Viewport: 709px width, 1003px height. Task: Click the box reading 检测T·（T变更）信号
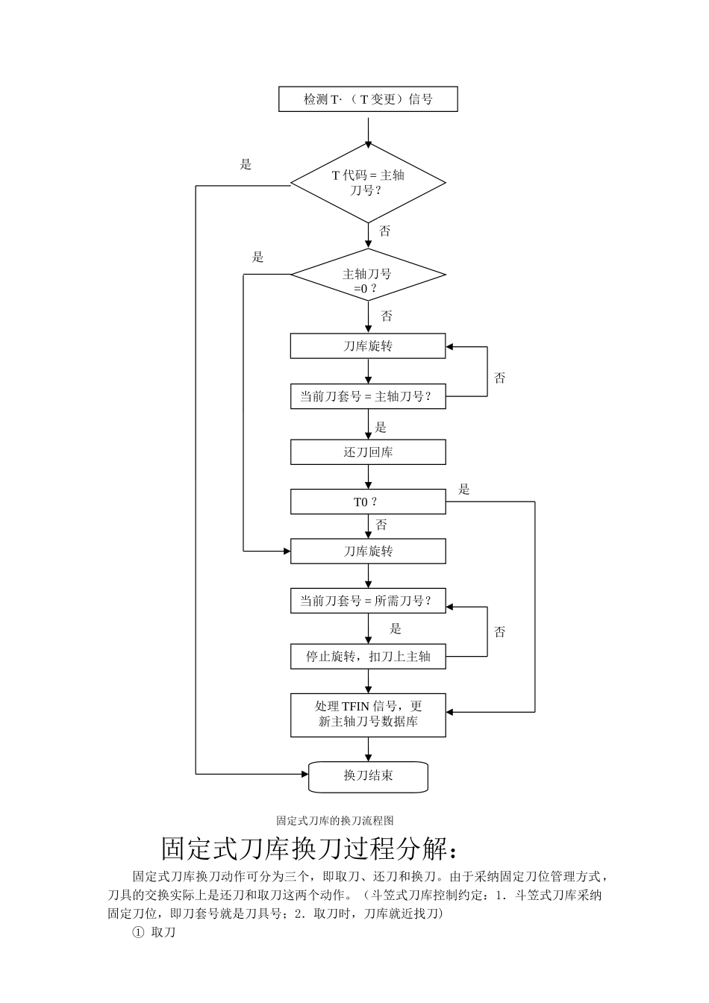click(368, 99)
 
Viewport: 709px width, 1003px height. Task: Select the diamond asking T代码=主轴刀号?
click(368, 183)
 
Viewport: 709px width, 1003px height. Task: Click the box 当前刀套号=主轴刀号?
click(368, 396)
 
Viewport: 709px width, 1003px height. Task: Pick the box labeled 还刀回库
click(368, 452)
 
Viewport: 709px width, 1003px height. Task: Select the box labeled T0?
click(368, 502)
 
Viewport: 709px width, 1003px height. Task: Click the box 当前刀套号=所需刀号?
click(368, 601)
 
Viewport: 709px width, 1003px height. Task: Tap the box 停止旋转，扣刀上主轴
click(368, 657)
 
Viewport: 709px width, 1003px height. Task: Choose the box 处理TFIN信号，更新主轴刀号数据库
click(368, 715)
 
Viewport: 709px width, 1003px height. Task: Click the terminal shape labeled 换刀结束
click(368, 776)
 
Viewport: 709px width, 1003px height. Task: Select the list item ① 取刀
click(154, 933)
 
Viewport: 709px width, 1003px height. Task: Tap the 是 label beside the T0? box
click(464, 490)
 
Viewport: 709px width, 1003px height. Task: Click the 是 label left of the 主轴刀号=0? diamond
click(258, 257)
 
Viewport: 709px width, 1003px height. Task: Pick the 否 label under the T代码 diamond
click(385, 231)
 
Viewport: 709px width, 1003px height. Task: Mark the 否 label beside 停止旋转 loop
click(500, 632)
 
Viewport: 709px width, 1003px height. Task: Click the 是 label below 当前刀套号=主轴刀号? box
click(381, 428)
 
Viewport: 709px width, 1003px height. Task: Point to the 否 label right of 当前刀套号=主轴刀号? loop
click(500, 378)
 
